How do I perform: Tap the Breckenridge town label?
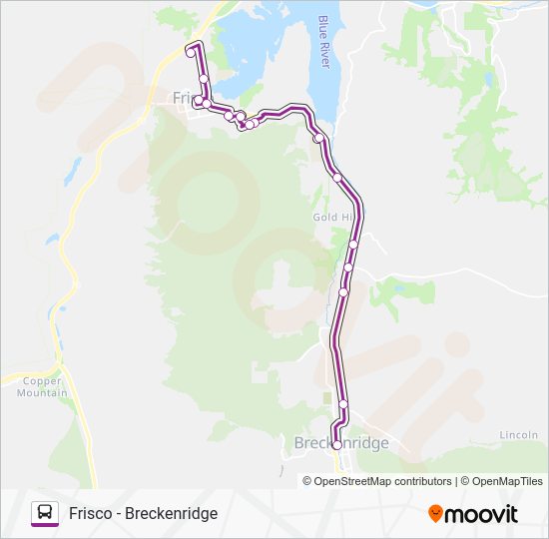[340, 443]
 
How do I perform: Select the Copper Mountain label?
[42, 387]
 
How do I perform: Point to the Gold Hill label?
[333, 217]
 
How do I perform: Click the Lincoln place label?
[519, 436]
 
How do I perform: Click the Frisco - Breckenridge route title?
[143, 513]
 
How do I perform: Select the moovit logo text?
[481, 514]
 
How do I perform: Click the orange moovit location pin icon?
[435, 513]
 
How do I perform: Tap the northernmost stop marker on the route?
[190, 53]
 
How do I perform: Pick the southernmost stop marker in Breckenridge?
[336, 445]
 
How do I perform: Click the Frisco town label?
[186, 98]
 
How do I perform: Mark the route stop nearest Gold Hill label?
[353, 244]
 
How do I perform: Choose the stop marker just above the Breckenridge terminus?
[343, 404]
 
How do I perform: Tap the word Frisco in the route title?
[91, 513]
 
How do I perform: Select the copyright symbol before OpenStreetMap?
[307, 481]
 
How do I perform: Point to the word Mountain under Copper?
[42, 393]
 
